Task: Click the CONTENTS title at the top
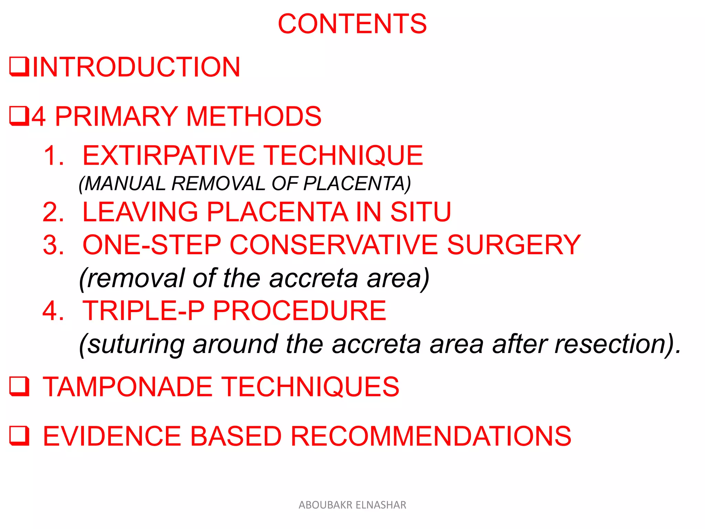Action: (352, 24)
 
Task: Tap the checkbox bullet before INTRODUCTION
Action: (19, 66)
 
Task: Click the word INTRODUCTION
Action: (136, 67)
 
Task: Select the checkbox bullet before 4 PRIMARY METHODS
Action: (19, 116)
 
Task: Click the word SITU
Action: (420, 211)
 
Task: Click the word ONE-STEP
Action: (152, 245)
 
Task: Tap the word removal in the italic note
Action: (136, 278)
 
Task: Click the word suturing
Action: (136, 344)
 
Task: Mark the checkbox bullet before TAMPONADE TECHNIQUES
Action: (19, 386)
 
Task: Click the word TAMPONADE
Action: (127, 387)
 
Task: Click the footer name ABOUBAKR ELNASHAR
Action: (352, 505)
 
